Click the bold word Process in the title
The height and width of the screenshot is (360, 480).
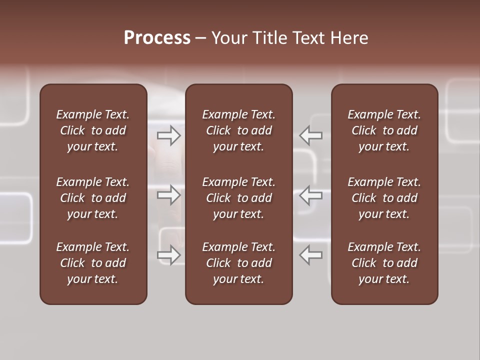pyautogui.click(x=157, y=38)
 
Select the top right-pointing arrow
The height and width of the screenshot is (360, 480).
pyautogui.click(x=169, y=135)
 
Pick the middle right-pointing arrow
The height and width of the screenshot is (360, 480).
pyautogui.click(x=169, y=195)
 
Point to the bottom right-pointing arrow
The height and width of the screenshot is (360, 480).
pyautogui.click(x=169, y=255)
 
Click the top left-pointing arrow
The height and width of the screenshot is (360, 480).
pyautogui.click(x=310, y=135)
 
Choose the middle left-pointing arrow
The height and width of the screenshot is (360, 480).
pyautogui.click(x=310, y=195)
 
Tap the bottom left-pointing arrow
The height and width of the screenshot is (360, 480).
pyautogui.click(x=310, y=255)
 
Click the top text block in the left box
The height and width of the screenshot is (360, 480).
pyautogui.click(x=93, y=130)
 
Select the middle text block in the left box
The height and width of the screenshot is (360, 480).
pyautogui.click(x=93, y=198)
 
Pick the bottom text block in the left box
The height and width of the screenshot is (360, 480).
pyautogui.click(x=93, y=263)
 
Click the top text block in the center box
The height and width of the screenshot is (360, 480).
pyautogui.click(x=238, y=130)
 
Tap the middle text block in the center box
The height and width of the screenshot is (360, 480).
pyautogui.click(x=238, y=198)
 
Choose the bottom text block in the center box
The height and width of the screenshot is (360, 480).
pyautogui.click(x=238, y=263)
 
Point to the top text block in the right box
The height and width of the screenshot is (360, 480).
pyautogui.click(x=384, y=130)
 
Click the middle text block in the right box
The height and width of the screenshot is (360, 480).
pyautogui.click(x=384, y=198)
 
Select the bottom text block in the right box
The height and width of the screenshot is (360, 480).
pyautogui.click(x=384, y=263)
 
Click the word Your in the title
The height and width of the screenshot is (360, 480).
pyautogui.click(x=227, y=38)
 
